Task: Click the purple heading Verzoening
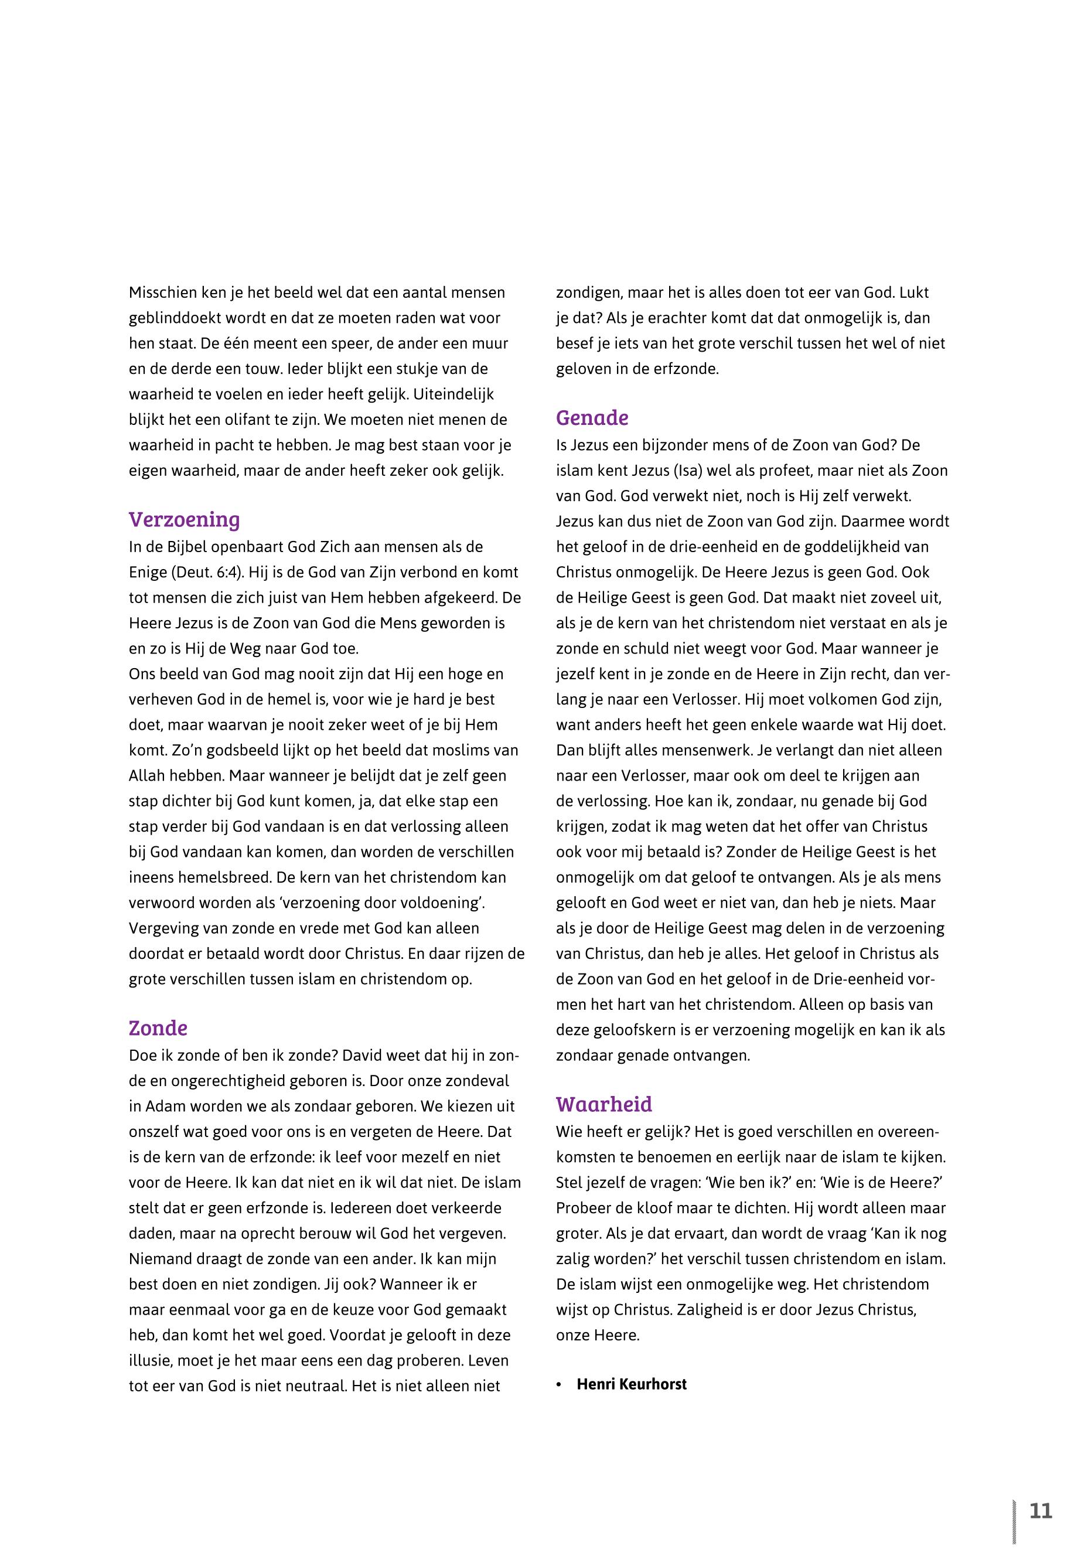click(x=184, y=520)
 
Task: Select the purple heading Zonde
click(x=158, y=1028)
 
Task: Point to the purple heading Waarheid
click(x=603, y=1104)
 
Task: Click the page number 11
click(x=1041, y=1512)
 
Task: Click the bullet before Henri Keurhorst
click(x=559, y=1385)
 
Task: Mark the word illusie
click(x=149, y=1361)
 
